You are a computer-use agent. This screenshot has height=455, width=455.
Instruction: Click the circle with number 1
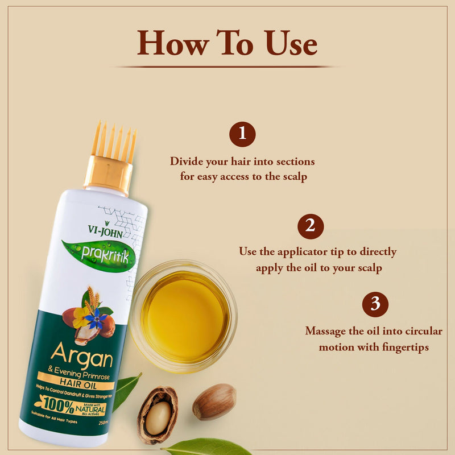242,134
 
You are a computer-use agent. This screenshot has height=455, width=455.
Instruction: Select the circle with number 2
311,226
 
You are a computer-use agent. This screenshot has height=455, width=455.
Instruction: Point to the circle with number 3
375,304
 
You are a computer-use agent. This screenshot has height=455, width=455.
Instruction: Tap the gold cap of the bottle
108,175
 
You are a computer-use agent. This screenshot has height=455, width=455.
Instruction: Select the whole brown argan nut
214,402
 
